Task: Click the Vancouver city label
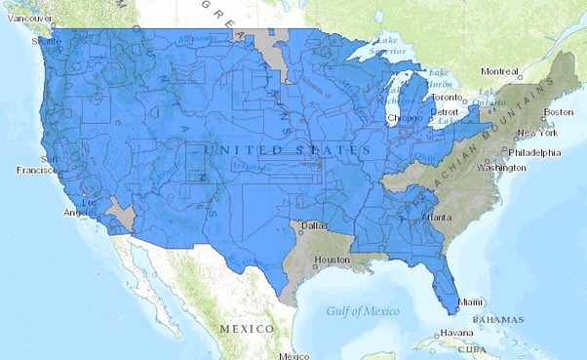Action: (26, 19)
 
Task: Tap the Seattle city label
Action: (46, 42)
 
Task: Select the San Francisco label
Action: (37, 164)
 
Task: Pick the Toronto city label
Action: (447, 98)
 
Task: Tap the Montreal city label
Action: (500, 70)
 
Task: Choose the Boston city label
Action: (559, 111)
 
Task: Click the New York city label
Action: (536, 133)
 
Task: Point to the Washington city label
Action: (502, 168)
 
